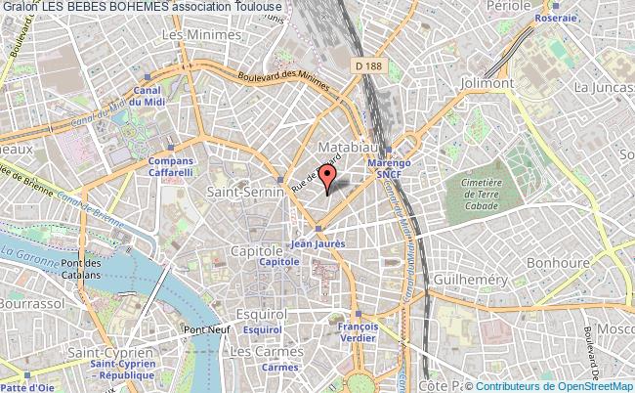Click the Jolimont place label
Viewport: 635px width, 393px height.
[x=487, y=83]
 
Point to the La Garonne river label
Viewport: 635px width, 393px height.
[x=24, y=254]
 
